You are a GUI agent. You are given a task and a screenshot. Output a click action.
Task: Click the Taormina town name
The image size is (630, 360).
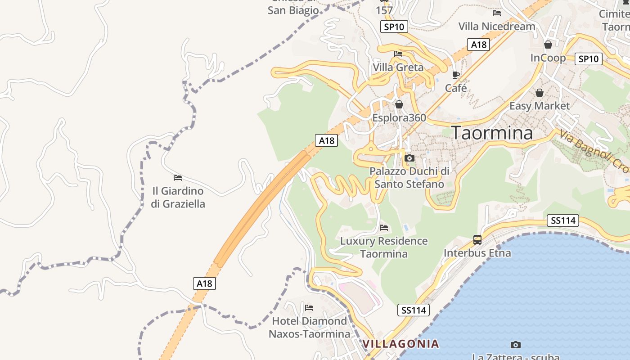pos(492,133)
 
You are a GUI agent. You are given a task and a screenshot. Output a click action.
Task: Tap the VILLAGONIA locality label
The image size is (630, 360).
pos(400,344)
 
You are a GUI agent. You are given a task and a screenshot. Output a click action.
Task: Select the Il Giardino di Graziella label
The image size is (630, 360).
pos(178,198)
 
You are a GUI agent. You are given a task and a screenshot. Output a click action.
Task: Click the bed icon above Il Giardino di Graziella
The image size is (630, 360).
pos(178,178)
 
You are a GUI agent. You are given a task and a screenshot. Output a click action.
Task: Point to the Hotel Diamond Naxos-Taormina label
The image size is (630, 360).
pos(309,328)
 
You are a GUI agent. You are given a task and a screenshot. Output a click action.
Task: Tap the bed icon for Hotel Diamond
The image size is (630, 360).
pos(309,308)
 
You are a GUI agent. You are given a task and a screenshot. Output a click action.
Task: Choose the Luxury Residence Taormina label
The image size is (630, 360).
pos(384,247)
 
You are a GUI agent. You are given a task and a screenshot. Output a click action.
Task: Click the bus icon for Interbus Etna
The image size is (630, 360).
pos(477,240)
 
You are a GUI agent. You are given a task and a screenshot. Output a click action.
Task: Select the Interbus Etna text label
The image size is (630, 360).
pos(477,253)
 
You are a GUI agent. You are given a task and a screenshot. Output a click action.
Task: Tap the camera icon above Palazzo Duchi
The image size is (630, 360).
pos(409,158)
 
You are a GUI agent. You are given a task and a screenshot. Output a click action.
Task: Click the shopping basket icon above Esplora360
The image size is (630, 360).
pos(399,104)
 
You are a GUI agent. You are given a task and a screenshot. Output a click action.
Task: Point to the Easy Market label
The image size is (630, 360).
pos(539,106)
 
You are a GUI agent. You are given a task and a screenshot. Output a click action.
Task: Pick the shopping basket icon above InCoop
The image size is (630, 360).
pos(548,45)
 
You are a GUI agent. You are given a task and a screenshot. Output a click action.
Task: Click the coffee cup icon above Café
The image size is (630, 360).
pos(456,75)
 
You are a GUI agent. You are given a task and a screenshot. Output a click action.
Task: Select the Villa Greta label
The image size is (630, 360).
pos(398,67)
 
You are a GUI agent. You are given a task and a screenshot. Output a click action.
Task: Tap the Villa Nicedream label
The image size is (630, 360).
pos(497,27)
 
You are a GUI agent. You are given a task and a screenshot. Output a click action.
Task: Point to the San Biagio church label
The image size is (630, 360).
pos(293,10)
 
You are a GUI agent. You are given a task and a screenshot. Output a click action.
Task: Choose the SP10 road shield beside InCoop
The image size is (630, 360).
pos(588,59)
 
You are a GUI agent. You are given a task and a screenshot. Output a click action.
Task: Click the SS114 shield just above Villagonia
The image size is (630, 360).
pos(414,310)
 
